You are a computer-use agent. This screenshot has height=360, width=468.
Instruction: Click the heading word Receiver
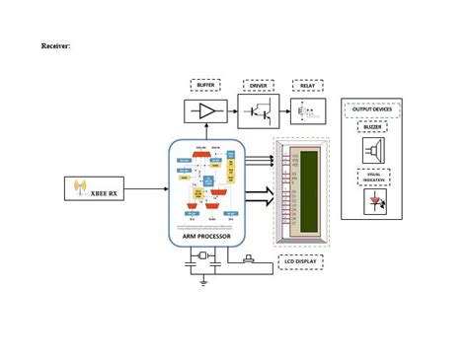click(x=55, y=45)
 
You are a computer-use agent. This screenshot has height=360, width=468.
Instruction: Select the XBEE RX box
click(x=94, y=187)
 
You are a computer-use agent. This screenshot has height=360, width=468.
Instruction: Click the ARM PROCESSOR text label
click(x=206, y=237)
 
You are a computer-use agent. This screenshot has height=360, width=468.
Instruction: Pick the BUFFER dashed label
click(x=205, y=86)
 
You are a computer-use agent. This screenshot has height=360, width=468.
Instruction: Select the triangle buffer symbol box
click(x=205, y=111)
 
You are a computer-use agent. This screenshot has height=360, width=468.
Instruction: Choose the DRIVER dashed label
click(x=259, y=86)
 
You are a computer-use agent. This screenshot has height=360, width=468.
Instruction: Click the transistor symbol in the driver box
click(x=259, y=111)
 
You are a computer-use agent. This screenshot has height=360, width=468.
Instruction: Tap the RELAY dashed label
click(x=308, y=86)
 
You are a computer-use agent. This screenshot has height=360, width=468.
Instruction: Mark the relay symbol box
click(x=308, y=111)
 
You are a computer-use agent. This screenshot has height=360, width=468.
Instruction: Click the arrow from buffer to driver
click(x=233, y=111)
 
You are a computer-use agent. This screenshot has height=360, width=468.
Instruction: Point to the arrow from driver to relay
click(x=284, y=111)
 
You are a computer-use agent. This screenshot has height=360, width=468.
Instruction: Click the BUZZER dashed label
click(x=372, y=126)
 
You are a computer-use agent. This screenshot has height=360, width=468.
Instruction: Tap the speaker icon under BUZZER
click(x=373, y=150)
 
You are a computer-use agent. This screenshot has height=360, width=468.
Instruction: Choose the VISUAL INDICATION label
click(x=373, y=178)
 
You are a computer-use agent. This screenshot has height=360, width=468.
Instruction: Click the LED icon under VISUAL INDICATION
click(x=374, y=203)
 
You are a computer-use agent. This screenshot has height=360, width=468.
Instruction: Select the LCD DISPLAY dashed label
click(x=301, y=262)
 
